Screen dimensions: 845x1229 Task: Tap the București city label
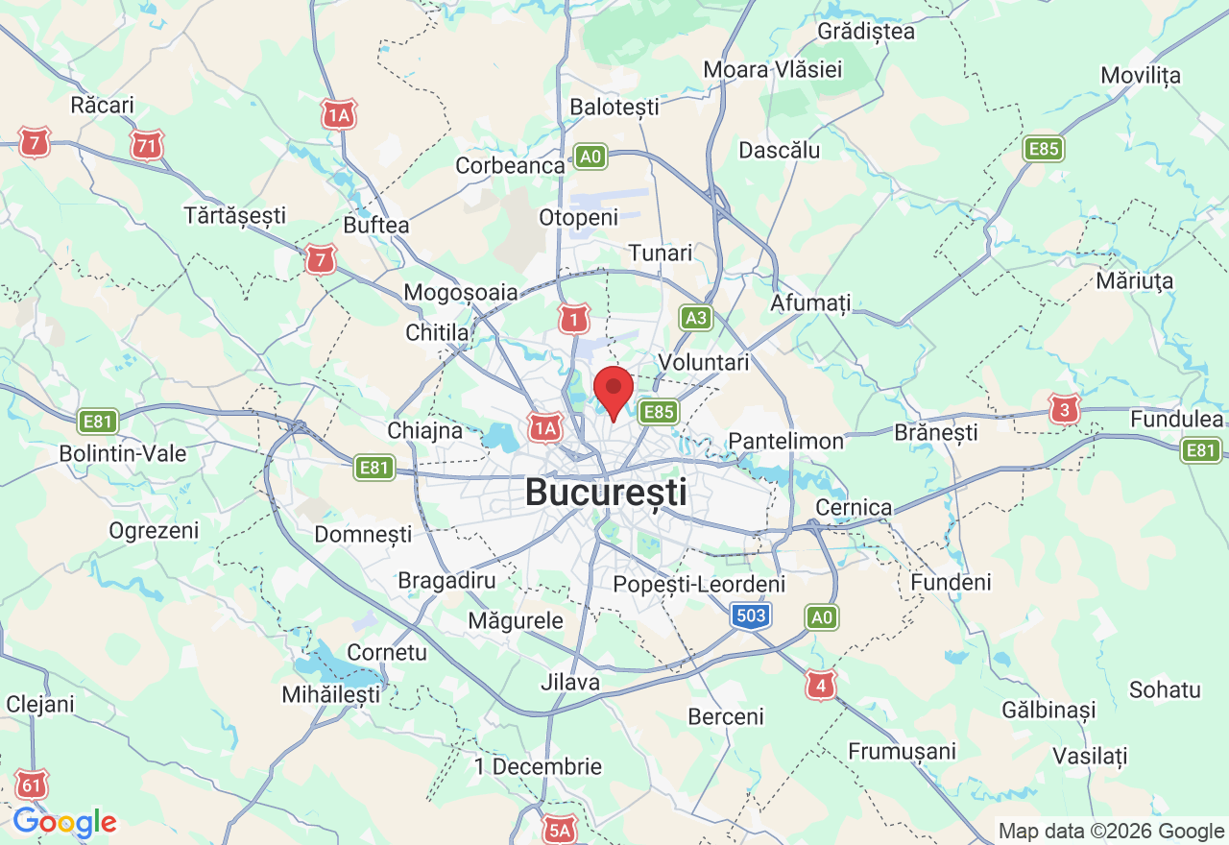point(606,494)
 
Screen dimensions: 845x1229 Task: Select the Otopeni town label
point(578,218)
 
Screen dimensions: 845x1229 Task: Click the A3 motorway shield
point(696,318)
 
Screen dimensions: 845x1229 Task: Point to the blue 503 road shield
point(750,616)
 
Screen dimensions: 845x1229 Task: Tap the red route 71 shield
point(147,146)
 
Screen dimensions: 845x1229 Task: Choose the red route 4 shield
point(819,686)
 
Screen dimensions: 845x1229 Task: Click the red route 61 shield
point(32,785)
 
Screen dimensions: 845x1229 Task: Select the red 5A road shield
point(558,829)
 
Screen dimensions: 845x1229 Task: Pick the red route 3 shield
point(1064,410)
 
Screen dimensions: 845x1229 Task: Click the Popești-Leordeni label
point(699,584)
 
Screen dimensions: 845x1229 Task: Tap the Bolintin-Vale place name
point(123,453)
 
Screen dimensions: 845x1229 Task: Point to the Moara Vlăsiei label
point(772,69)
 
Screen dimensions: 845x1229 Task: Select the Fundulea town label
point(1176,419)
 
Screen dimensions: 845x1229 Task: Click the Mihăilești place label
point(330,693)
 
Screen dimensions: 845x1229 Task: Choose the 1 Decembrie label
point(538,766)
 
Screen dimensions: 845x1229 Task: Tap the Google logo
point(64,822)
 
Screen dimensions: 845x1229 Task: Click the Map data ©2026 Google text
point(1110,832)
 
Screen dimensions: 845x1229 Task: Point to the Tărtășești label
point(235,215)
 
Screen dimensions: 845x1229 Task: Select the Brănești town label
point(935,432)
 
